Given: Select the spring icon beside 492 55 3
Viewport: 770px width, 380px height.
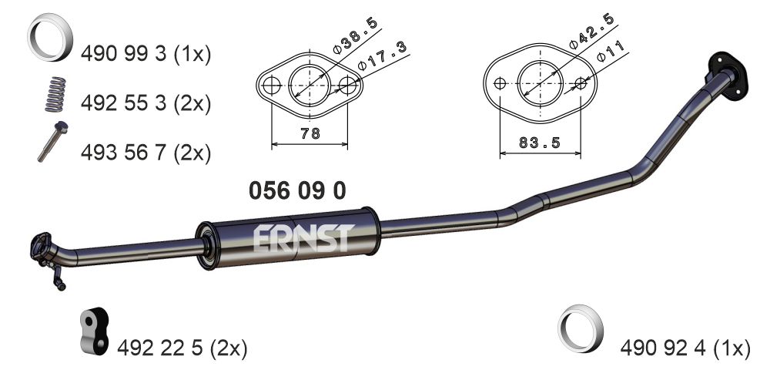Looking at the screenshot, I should [53, 93].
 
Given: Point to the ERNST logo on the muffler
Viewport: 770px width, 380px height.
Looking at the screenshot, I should [303, 238].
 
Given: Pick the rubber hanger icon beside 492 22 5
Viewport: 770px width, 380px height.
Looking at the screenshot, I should [94, 334].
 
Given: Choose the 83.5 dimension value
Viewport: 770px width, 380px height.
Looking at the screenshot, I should [539, 143].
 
